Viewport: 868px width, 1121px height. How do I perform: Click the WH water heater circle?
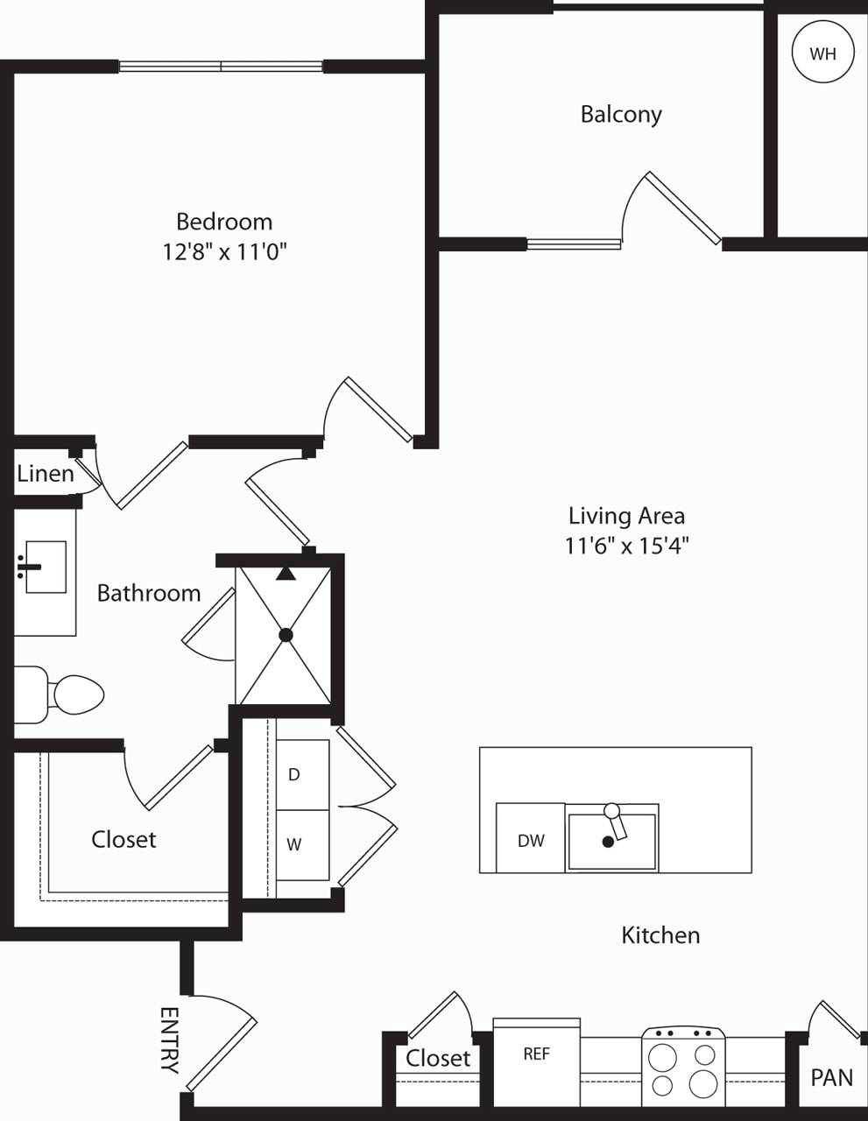pos(822,53)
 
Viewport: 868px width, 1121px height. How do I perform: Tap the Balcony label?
pos(621,114)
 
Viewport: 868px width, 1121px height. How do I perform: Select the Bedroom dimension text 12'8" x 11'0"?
pos(225,252)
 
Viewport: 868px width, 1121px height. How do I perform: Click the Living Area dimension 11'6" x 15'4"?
pos(626,546)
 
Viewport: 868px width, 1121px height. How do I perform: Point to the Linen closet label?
pos(46,474)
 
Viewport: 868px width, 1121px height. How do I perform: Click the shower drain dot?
pos(286,635)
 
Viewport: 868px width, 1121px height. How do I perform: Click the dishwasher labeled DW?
pos(531,840)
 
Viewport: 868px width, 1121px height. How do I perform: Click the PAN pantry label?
pos(831,1076)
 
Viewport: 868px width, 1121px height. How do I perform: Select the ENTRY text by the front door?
pos(169,1040)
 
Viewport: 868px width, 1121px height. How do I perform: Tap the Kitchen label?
pos(660,935)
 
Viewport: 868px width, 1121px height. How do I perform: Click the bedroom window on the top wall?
pos(221,67)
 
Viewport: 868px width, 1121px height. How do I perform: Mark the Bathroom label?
pos(149,593)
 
